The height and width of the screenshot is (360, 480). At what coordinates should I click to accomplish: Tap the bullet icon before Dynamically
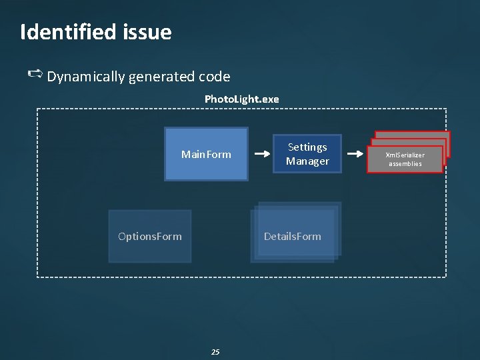(35, 75)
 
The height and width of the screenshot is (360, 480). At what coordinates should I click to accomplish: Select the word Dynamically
(86, 77)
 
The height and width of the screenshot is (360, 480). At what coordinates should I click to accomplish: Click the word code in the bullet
(215, 77)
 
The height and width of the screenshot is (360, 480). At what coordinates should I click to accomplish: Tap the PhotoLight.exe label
(241, 99)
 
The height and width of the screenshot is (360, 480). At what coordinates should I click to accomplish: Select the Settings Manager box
(307, 154)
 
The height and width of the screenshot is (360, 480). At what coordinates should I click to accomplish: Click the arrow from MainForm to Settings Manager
(261, 154)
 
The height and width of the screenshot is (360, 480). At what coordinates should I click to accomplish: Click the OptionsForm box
(149, 236)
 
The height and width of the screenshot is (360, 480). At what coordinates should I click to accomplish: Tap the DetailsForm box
(293, 236)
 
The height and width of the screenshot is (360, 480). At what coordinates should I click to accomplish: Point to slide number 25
(215, 351)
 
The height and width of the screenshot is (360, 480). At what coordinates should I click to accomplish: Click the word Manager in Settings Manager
(307, 161)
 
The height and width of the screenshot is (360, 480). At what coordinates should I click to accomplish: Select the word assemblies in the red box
(405, 164)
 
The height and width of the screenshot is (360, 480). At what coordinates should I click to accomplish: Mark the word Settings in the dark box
(307, 147)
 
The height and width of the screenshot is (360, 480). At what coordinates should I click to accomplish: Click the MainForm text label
(206, 155)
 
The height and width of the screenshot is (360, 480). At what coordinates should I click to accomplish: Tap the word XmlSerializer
(405, 155)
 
